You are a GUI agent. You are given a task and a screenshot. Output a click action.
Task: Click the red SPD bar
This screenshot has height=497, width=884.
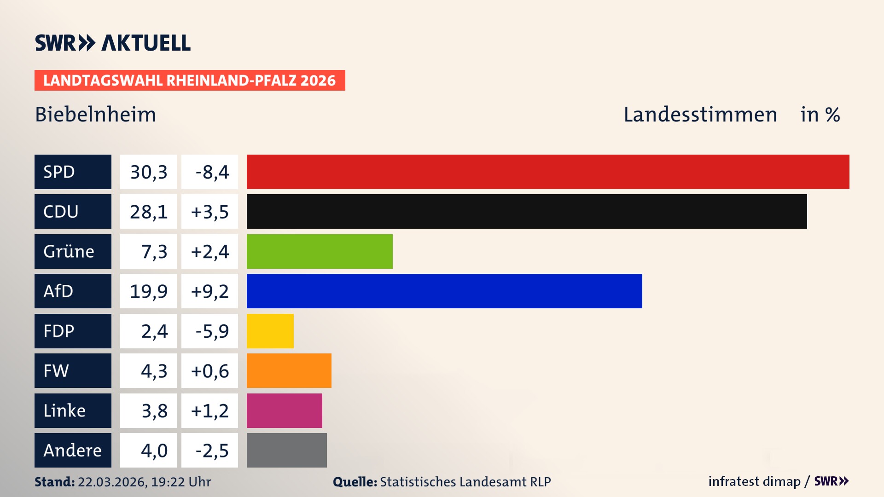tap(548, 172)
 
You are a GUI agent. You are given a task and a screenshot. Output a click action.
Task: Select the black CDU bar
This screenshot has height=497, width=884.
tap(527, 211)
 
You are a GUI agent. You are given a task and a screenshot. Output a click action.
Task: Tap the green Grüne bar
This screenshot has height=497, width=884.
tap(320, 251)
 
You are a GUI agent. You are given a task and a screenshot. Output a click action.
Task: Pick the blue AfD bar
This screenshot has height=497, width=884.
tap(444, 291)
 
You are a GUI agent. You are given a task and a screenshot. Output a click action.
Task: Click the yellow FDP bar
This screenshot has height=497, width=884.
tap(270, 331)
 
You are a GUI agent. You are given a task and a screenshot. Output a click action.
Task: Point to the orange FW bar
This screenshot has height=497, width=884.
tap(289, 370)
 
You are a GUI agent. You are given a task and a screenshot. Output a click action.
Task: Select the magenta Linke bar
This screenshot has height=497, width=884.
tap(285, 410)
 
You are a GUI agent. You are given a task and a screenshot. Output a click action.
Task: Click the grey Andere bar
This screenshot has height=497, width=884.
tap(287, 450)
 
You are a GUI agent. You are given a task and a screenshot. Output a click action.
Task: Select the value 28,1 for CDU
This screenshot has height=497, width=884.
tap(148, 212)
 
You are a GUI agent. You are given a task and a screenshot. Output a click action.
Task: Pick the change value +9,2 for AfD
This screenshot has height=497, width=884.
tap(209, 291)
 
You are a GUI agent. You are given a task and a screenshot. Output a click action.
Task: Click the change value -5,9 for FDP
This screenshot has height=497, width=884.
tap(212, 331)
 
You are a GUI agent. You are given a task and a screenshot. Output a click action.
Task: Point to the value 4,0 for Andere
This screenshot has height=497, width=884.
tap(154, 450)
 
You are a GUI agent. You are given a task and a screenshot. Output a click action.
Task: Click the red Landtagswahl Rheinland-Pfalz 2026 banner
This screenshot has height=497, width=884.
tap(190, 80)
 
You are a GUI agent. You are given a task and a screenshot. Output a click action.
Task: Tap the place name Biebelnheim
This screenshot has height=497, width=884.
tap(96, 114)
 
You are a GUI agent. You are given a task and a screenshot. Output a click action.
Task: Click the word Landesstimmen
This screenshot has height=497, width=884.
tap(700, 114)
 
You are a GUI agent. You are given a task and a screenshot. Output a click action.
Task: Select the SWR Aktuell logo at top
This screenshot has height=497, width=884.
tap(113, 43)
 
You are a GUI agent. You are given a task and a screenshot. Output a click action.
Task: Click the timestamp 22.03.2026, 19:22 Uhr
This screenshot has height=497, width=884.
tap(144, 482)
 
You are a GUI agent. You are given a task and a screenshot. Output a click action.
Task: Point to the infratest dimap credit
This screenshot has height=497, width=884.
tap(754, 481)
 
